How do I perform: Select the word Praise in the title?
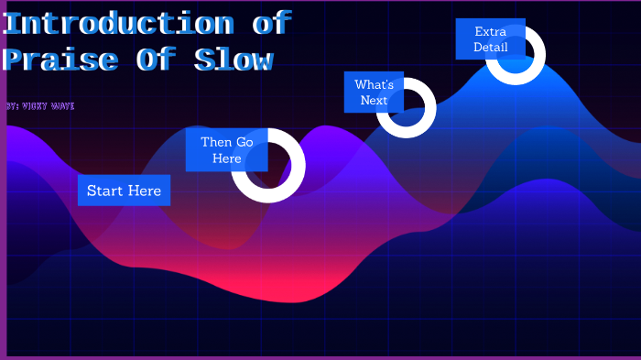click(x=60, y=60)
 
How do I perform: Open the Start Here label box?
click(x=124, y=191)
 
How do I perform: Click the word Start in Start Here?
click(x=104, y=191)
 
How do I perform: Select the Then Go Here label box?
click(x=226, y=150)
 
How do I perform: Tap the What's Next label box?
click(x=374, y=93)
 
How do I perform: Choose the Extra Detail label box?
click(x=490, y=39)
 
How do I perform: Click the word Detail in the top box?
click(x=490, y=48)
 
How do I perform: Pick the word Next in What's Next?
click(x=374, y=101)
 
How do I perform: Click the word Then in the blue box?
click(x=216, y=142)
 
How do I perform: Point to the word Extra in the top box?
click(x=490, y=31)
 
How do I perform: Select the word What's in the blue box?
click(x=374, y=84)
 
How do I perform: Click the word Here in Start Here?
click(x=145, y=191)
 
